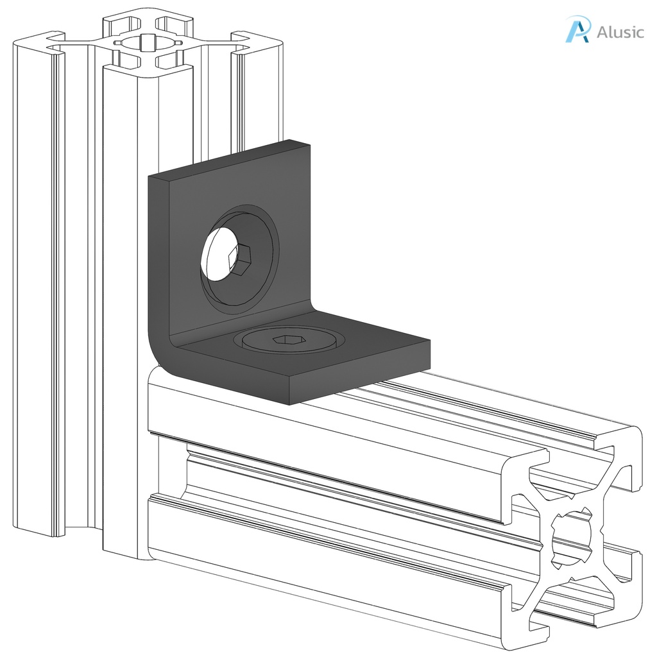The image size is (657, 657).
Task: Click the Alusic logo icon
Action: pyautogui.click(x=576, y=30)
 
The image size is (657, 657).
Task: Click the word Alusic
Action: pyautogui.click(x=619, y=31)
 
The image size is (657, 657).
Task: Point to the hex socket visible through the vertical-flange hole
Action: pyautogui.click(x=241, y=260)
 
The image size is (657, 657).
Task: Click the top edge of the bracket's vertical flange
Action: pyautogui.click(x=228, y=158)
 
